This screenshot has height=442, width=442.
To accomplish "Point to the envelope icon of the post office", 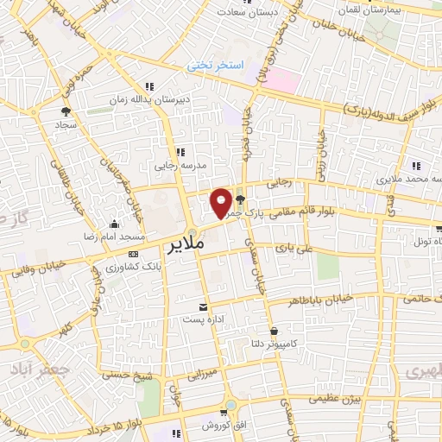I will coord(204,307).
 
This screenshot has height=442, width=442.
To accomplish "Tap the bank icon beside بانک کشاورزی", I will coord(132,255).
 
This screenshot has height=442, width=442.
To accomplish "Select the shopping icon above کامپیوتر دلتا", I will coord(274,331).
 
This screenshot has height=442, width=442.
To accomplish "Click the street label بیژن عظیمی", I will coord(336,399).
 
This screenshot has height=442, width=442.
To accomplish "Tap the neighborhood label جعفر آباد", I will coord(27,366).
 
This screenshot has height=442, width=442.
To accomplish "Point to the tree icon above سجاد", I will coord(66,110).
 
